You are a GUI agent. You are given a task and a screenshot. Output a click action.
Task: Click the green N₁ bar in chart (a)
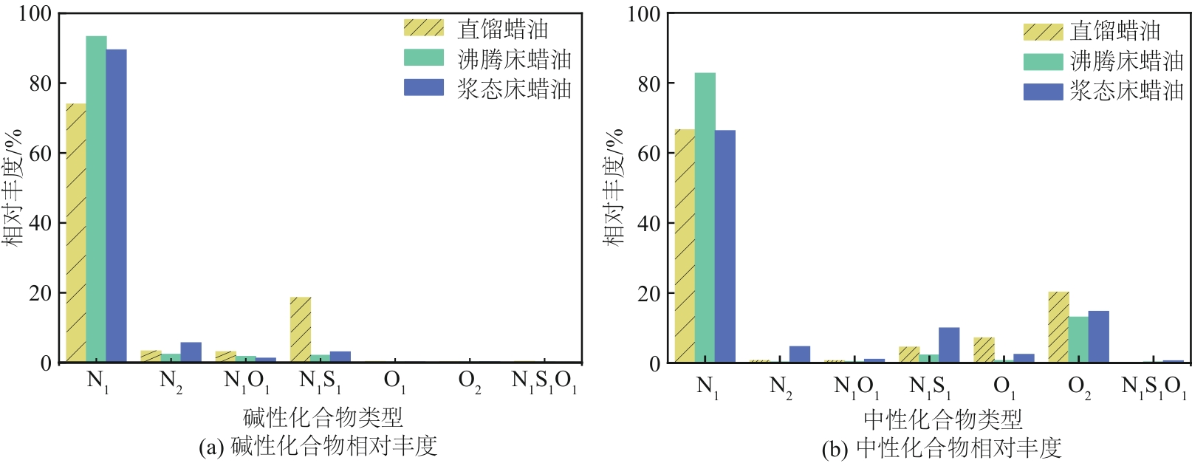(96, 199)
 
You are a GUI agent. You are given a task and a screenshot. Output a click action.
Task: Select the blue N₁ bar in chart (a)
(116, 206)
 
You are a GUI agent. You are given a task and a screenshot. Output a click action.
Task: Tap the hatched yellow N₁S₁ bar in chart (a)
(300, 329)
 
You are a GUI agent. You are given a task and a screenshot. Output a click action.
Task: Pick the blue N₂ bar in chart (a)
(191, 352)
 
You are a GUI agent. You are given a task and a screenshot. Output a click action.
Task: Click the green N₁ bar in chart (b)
(705, 218)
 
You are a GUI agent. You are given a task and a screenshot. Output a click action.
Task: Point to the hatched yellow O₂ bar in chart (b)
(1058, 327)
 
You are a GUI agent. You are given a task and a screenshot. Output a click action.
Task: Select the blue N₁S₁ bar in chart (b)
(949, 345)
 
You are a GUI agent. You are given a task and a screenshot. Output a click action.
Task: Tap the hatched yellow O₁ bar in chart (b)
(984, 350)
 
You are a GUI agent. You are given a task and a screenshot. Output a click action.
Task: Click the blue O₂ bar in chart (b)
(1098, 337)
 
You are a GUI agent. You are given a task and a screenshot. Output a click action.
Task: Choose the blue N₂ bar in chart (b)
(800, 354)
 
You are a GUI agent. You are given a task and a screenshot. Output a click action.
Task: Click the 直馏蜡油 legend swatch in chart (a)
(424, 28)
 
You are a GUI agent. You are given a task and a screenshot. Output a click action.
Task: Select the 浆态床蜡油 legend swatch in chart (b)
(1043, 92)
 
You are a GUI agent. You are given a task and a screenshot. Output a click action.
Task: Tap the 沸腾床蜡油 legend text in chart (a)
(514, 59)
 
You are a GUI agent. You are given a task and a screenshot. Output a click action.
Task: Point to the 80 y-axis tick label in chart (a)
(41, 83)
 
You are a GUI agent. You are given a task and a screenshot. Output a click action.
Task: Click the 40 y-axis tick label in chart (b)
(648, 223)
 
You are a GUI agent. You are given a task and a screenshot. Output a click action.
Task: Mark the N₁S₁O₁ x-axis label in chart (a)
(544, 382)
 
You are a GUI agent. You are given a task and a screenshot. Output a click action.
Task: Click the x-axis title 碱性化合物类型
(323, 418)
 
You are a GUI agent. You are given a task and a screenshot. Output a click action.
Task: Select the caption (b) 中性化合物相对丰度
(941, 447)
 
